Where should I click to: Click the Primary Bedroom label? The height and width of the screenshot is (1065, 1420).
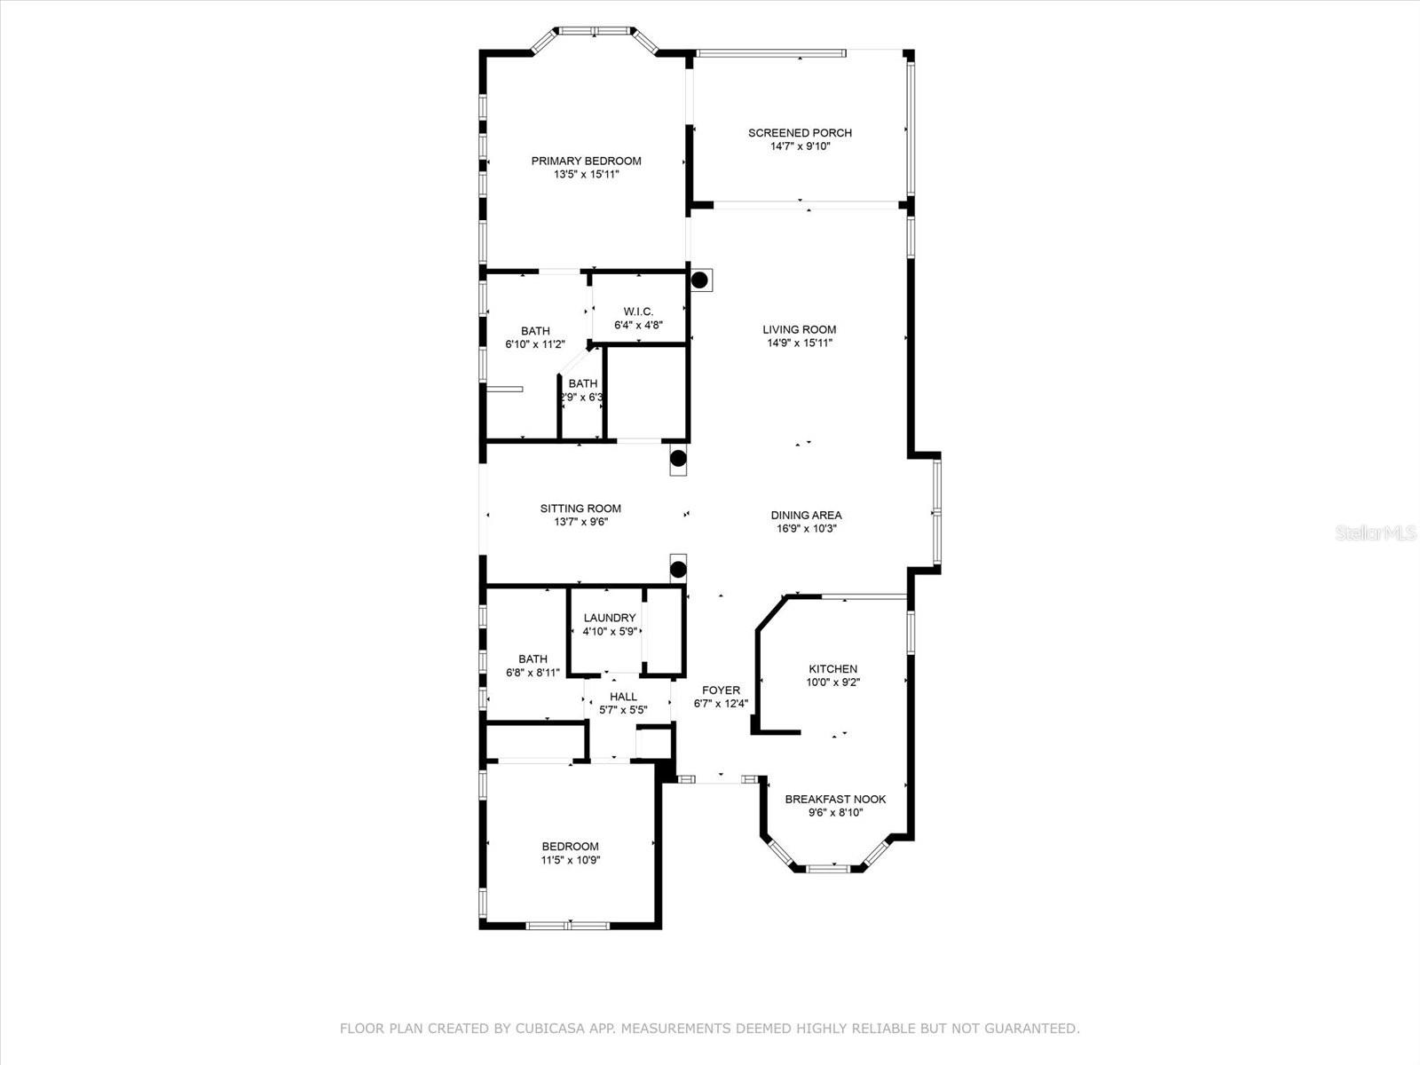click(x=586, y=161)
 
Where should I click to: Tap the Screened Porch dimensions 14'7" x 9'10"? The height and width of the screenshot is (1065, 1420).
click(x=800, y=146)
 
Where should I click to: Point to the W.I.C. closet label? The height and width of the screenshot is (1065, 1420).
click(x=638, y=312)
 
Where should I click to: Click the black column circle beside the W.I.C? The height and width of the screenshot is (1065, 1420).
click(x=699, y=280)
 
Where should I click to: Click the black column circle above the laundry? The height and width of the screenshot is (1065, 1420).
click(x=678, y=569)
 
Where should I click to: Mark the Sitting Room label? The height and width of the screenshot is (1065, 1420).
click(x=580, y=509)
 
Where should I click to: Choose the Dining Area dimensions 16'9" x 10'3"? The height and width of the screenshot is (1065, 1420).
click(x=806, y=528)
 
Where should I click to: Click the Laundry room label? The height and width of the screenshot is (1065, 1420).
click(x=610, y=618)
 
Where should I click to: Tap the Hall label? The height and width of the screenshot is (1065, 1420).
click(x=623, y=697)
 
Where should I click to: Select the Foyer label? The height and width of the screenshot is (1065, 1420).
click(x=721, y=690)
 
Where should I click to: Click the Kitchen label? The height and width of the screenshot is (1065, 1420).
click(x=832, y=669)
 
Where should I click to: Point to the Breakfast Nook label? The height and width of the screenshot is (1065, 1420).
click(x=835, y=799)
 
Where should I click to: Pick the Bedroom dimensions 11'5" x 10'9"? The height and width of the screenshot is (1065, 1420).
click(x=571, y=860)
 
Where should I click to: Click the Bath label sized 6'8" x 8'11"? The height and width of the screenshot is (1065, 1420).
click(x=532, y=659)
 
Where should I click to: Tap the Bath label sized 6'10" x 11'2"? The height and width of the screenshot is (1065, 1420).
click(x=535, y=331)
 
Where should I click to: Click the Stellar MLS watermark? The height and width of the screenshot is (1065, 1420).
click(x=1377, y=533)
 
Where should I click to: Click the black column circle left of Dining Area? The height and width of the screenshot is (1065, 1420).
click(x=678, y=459)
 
